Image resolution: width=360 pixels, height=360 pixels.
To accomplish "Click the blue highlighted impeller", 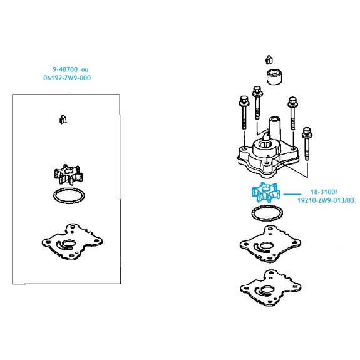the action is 266,192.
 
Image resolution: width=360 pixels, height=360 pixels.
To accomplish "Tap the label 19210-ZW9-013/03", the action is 326,200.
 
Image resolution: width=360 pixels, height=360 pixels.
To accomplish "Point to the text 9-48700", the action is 65,69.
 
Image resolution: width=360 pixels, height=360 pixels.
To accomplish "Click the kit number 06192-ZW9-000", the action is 67,78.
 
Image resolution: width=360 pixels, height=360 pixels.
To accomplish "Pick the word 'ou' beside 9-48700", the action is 85,69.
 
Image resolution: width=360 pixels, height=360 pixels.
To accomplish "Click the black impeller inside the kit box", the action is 68,175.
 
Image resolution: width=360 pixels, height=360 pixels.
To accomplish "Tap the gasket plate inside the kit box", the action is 72,242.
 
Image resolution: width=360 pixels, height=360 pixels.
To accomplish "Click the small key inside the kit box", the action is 63,120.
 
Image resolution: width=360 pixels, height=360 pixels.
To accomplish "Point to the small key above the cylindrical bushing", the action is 269,59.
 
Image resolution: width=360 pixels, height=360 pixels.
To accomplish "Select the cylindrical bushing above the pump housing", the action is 274,76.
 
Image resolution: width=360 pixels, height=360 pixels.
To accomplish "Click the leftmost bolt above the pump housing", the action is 244,112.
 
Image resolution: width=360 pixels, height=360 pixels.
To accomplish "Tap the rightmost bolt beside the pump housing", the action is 307,143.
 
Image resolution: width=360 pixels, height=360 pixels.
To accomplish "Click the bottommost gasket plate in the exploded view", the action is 270,288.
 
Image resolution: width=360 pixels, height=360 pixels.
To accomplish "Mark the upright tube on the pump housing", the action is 275,128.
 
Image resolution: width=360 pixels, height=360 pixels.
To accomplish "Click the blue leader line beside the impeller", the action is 292,195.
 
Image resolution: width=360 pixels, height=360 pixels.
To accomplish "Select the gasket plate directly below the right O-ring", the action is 270,244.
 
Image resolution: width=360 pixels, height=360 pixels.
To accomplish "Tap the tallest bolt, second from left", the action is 257,103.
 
